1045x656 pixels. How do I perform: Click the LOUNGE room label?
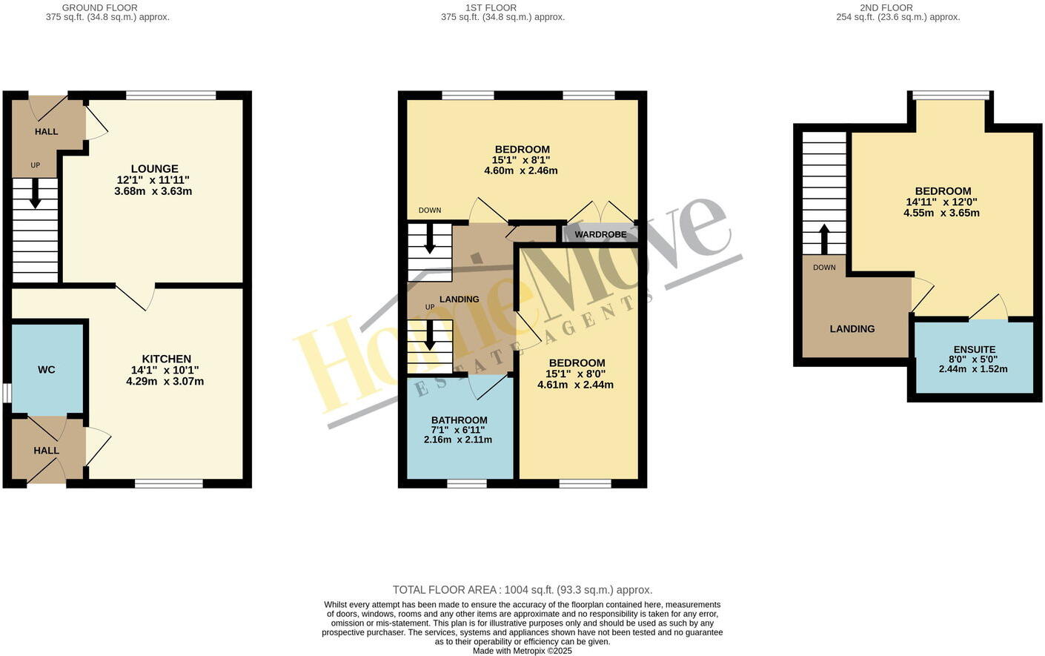[x=154, y=168]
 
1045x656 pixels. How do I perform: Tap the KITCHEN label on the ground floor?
[x=166, y=359]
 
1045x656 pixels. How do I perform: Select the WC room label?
[x=46, y=369]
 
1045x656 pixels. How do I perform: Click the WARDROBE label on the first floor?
[x=600, y=234]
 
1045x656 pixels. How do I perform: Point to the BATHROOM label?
[x=459, y=420]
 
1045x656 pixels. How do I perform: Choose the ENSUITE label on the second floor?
[x=974, y=349]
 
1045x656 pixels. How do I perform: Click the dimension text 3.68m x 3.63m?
[x=153, y=191]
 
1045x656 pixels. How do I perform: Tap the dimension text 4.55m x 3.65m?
[x=941, y=213]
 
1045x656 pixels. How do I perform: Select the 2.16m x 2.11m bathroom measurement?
[x=457, y=440]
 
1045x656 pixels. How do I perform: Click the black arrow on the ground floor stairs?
[x=35, y=196]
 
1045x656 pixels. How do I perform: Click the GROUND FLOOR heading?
[x=99, y=7]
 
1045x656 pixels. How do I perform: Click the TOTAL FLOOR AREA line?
[x=522, y=590]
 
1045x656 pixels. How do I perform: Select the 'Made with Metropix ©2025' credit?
[x=522, y=651]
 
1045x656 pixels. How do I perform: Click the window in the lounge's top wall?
[x=170, y=95]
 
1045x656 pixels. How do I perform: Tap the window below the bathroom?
[x=466, y=484]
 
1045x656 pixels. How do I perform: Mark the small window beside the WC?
[x=7, y=392]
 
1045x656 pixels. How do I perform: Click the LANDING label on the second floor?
[x=852, y=328]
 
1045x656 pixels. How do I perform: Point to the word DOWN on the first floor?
[x=430, y=211]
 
